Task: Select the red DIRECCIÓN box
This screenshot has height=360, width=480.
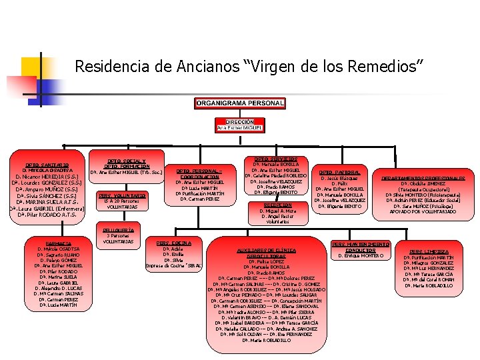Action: (x=239, y=125)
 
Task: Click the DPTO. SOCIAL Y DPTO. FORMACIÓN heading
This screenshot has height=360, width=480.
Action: (x=126, y=163)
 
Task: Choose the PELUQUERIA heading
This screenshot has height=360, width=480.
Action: (x=119, y=230)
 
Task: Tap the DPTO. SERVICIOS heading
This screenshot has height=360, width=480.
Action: (x=275, y=159)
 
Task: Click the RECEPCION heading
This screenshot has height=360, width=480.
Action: (x=277, y=205)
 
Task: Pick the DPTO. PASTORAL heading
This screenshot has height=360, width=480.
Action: (x=345, y=172)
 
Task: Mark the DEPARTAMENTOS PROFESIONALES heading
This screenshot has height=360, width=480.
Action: (x=423, y=179)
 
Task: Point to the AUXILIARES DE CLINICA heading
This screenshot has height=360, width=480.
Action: (x=267, y=249)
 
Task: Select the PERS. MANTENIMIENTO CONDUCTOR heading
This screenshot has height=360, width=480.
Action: (x=361, y=247)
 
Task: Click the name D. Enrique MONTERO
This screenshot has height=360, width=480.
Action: (x=361, y=256)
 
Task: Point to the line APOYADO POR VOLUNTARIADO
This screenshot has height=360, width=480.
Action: (x=423, y=212)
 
